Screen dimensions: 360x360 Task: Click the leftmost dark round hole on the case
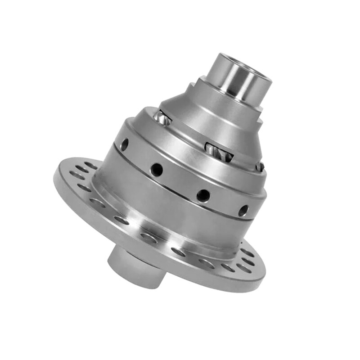[x=125, y=144]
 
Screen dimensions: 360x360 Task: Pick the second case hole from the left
[x=157, y=170]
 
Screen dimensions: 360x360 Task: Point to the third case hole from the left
[x=203, y=195]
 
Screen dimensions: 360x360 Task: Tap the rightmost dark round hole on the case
[x=243, y=210]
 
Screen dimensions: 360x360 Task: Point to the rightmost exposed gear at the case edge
[x=260, y=167]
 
